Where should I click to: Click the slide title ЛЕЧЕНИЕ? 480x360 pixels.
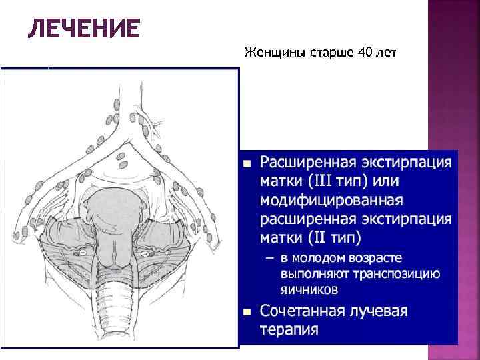[x=83, y=29]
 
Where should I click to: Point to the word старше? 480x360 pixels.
[x=330, y=53]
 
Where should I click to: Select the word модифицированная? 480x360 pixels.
[x=331, y=201]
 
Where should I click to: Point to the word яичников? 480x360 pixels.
[x=309, y=289]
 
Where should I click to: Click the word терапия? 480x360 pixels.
[x=289, y=330]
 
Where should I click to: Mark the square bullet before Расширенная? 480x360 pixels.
[x=247, y=163]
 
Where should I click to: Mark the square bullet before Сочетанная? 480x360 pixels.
[x=247, y=312]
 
